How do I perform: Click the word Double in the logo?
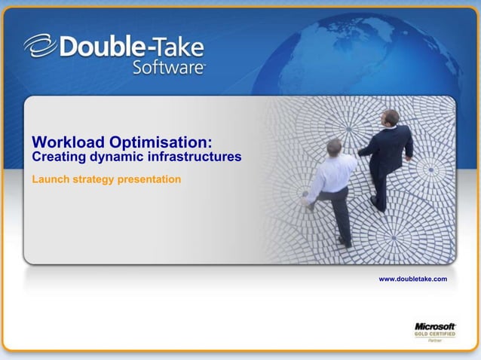tap(97, 47)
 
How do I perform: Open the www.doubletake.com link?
tap(412, 279)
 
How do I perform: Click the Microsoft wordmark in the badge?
tap(435, 326)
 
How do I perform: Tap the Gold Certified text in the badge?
tap(435, 334)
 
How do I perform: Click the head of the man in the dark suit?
tap(390, 117)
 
